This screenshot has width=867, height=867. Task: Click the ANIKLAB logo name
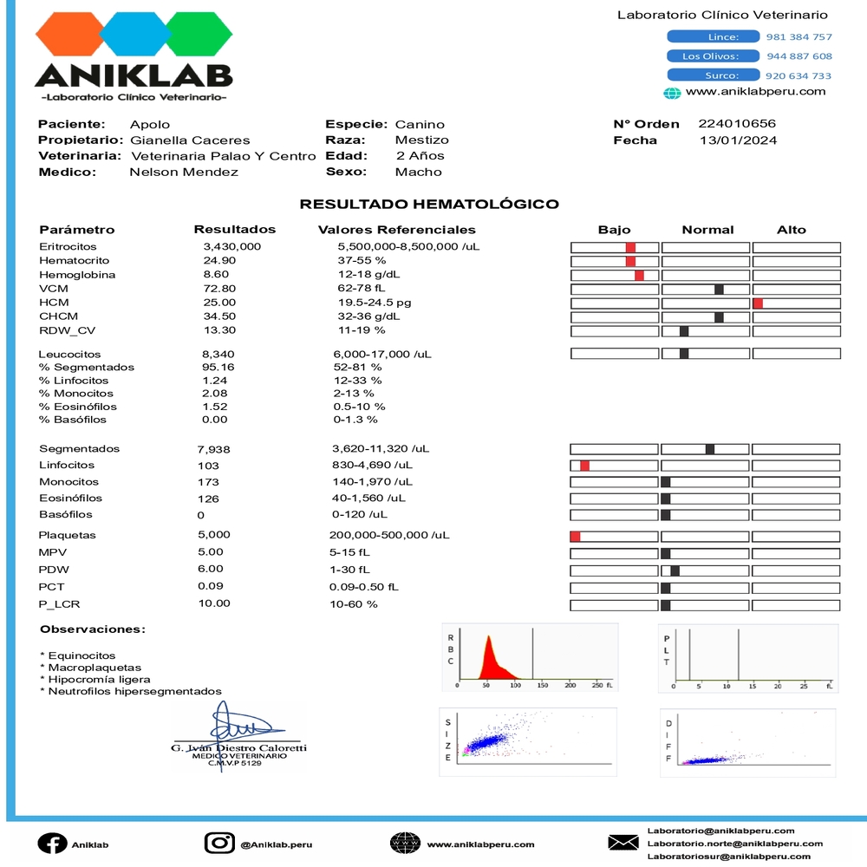[134, 76]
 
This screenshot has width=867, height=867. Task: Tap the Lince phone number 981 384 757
[799, 37]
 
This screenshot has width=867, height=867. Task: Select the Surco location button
[713, 75]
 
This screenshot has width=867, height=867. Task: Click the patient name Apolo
[150, 124]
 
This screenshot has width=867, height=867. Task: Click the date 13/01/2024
[738, 140]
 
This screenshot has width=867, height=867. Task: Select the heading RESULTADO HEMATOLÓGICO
[429, 205]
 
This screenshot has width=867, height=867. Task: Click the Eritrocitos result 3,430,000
[231, 247]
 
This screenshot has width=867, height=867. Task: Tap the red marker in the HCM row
[758, 303]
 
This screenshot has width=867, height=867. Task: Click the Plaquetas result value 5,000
[214, 535]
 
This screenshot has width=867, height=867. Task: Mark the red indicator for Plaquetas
[575, 537]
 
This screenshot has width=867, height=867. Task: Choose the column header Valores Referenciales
[397, 230]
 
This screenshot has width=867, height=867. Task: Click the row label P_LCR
[60, 604]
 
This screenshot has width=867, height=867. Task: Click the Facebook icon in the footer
[51, 844]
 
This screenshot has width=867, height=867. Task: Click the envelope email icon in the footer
[623, 843]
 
